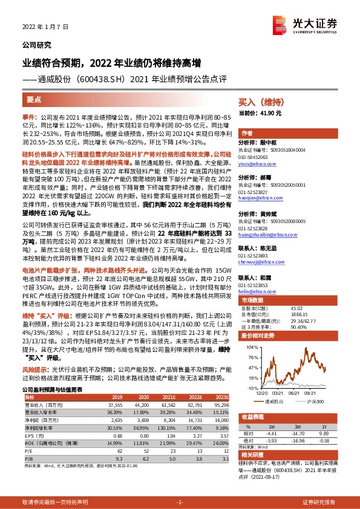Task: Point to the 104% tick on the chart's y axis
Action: pos(250,348)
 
